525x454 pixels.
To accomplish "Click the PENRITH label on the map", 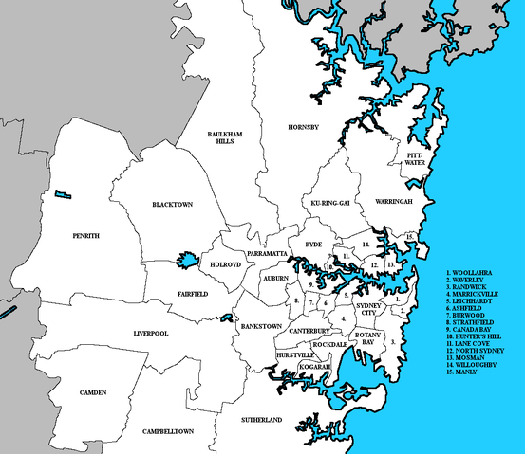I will pos(84,235).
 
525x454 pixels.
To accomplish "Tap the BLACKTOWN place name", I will pos(172,205).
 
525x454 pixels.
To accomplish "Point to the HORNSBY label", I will pos(305,127).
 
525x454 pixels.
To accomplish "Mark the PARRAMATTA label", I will pos(266,256).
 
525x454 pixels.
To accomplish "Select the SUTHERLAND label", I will pos(260,419).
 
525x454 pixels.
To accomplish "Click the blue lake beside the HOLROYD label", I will pos(185,260).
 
